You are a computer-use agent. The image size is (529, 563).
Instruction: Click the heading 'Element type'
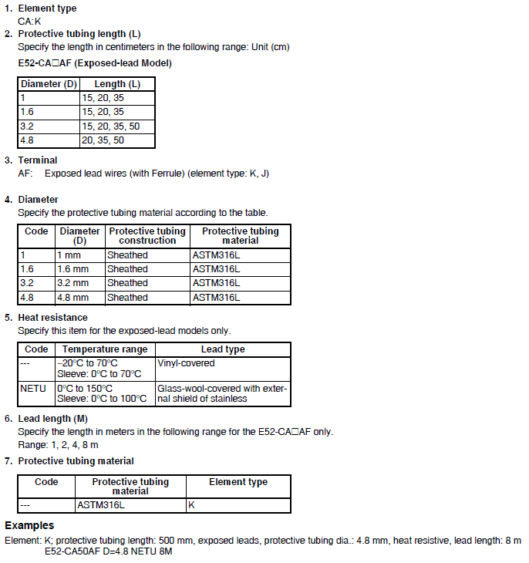[x=47, y=8]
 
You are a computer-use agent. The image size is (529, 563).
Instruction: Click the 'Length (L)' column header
[x=116, y=84]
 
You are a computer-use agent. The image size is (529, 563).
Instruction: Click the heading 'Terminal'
[x=38, y=160]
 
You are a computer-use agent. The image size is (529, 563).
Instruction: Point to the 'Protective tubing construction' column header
[x=147, y=235]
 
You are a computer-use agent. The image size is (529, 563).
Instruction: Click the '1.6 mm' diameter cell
[x=72, y=269]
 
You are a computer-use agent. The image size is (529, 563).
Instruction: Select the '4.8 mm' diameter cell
[x=72, y=298]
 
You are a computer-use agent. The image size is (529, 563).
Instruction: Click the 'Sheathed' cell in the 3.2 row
[x=127, y=283]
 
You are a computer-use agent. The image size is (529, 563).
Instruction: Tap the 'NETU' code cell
[x=33, y=389]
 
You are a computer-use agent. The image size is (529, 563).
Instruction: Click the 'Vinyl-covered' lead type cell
[x=186, y=362]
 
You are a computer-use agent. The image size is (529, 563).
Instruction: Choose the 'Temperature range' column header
[x=105, y=349]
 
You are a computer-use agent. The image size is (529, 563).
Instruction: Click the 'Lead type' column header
[x=223, y=349]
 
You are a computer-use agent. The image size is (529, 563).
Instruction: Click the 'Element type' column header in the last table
[x=238, y=482]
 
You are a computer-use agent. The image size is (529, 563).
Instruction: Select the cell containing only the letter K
[x=192, y=505]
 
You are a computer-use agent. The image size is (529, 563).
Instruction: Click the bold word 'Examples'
[x=29, y=526]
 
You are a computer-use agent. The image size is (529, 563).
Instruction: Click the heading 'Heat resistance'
[x=52, y=318]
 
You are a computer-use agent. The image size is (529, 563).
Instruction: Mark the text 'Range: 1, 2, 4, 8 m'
[x=58, y=445]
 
